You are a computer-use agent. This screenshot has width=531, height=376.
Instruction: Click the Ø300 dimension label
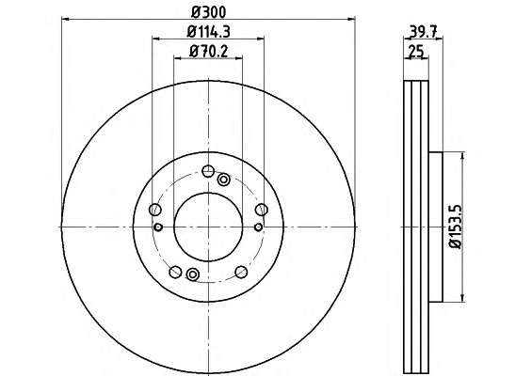click(x=208, y=12)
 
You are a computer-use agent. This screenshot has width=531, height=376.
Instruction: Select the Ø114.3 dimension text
click(x=209, y=32)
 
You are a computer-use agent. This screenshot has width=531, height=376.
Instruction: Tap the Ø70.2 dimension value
click(x=209, y=52)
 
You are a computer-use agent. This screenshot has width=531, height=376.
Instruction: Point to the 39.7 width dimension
click(x=424, y=32)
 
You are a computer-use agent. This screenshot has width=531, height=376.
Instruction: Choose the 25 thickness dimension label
click(x=416, y=52)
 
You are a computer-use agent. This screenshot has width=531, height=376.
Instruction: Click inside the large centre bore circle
click(x=208, y=227)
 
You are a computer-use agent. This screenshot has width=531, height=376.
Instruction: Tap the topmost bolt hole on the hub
click(x=208, y=171)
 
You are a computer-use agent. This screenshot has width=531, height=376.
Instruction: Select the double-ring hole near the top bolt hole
click(x=223, y=180)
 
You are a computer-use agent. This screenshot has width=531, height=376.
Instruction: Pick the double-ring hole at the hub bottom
click(x=193, y=274)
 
